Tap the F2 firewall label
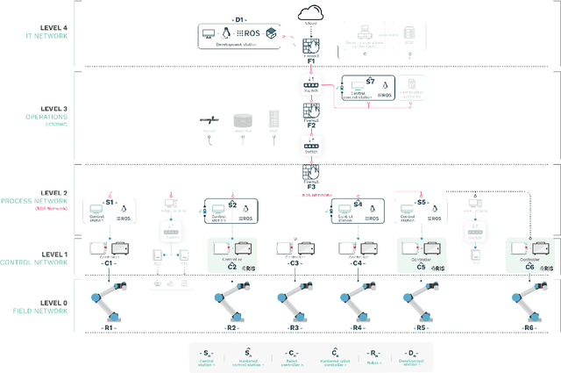[311, 126]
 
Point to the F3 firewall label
[311, 186]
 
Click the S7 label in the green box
[370, 81]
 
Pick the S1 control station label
[110, 202]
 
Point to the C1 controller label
[109, 262]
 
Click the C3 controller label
[295, 262]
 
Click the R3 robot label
[295, 327]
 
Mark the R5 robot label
[421, 327]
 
